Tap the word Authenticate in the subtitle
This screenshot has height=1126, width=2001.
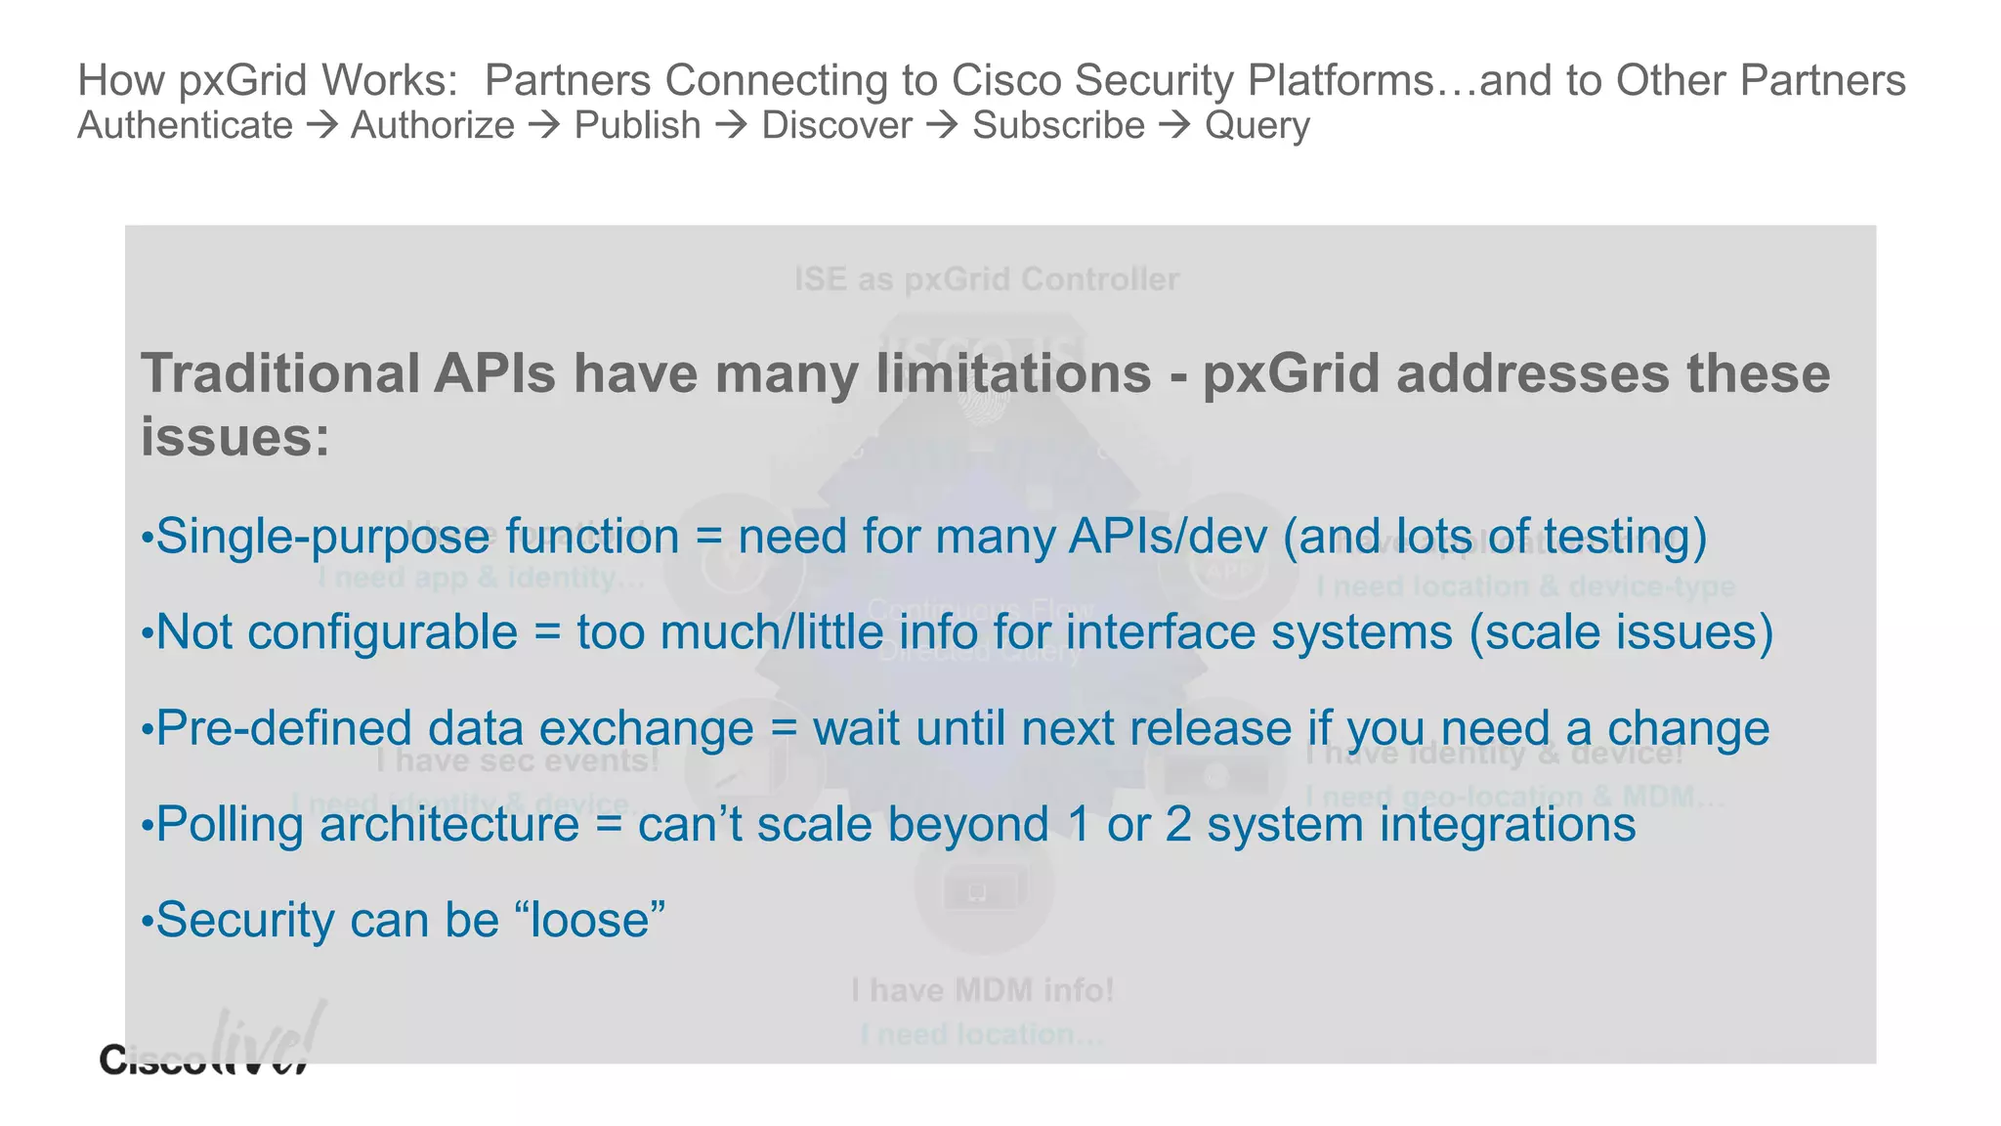pos(185,126)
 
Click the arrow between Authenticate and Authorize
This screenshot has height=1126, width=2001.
pos(321,126)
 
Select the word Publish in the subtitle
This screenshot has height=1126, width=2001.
pos(637,126)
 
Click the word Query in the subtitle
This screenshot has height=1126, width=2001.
pos(1256,127)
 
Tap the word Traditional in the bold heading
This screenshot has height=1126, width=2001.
pos(280,374)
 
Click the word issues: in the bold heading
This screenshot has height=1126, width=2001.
pos(235,437)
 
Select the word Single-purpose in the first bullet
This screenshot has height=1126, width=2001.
pos(322,538)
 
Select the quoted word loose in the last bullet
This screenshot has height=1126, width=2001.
pos(589,921)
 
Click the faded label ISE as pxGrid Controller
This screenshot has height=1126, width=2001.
pos(986,281)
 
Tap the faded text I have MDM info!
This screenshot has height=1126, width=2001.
pos(982,991)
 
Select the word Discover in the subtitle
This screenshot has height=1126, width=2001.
pos(836,126)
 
